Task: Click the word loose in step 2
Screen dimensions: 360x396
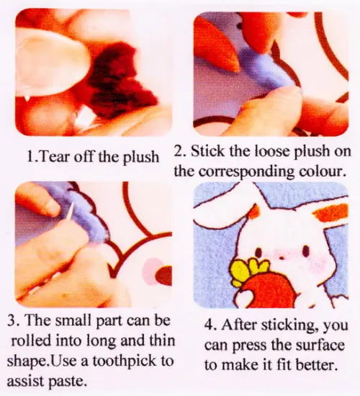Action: [x=272, y=151]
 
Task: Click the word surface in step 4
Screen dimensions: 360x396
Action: [x=320, y=345]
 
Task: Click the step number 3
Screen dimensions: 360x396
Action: [x=12, y=320]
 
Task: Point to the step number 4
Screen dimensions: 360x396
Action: [x=210, y=325]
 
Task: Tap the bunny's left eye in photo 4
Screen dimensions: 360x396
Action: [x=259, y=251]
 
